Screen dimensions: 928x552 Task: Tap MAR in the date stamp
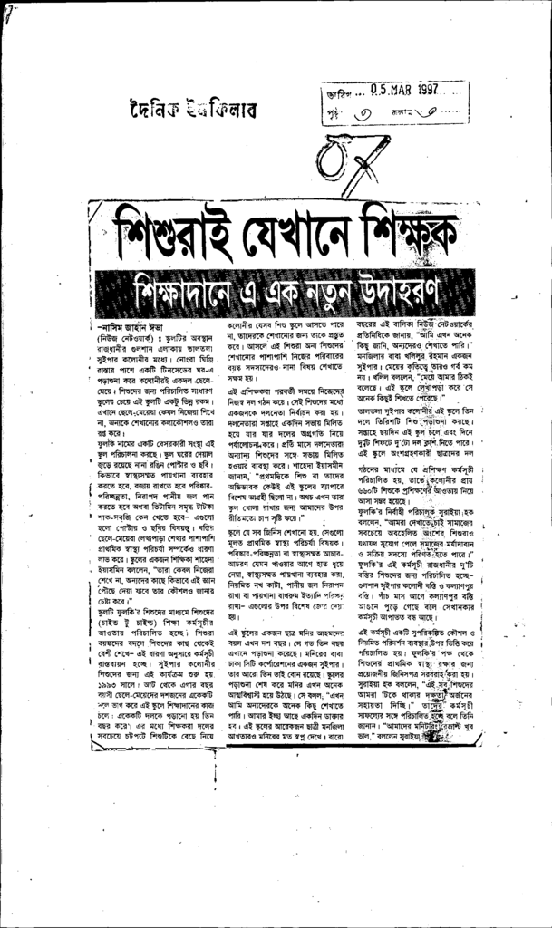pos(402,90)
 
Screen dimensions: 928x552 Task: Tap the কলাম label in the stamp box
pos(397,112)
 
